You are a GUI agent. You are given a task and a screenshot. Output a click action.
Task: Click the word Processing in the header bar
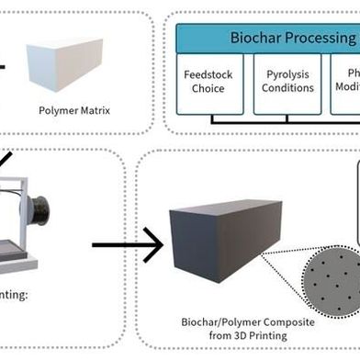321,38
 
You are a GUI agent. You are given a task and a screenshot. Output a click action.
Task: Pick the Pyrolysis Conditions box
287,82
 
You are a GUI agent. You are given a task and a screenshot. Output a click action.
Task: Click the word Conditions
287,89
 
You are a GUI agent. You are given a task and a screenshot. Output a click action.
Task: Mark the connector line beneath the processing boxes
276,119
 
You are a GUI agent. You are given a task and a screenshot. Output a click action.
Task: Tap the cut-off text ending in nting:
17,296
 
